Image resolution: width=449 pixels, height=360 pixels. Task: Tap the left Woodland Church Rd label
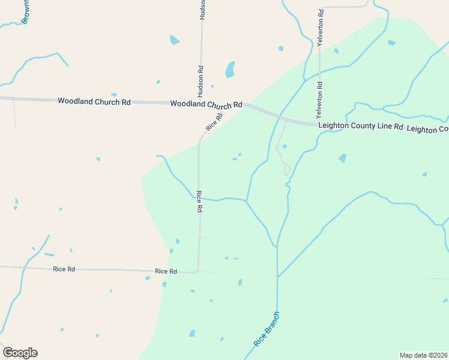[x=94, y=101]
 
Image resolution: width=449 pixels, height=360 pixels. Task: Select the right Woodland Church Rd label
[x=206, y=104]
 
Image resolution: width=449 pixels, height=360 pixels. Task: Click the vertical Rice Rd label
[x=199, y=202]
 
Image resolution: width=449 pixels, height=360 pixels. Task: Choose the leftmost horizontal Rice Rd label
[x=64, y=269]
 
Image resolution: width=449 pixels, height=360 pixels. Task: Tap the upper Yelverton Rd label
[x=321, y=28]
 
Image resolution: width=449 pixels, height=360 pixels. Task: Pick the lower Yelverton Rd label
[x=320, y=100]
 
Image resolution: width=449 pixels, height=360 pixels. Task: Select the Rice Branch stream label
[x=267, y=329]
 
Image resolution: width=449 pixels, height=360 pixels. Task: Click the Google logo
[x=20, y=353]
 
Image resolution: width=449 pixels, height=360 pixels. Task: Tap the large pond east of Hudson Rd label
[x=230, y=70]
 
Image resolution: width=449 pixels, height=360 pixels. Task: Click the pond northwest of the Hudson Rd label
[x=174, y=40]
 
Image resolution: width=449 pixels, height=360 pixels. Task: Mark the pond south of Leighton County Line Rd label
[x=342, y=158]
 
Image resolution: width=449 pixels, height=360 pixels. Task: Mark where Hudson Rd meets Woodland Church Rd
[x=200, y=103]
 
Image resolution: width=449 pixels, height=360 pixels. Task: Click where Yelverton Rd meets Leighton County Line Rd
[x=319, y=124]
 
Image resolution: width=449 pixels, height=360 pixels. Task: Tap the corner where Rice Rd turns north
[x=198, y=272]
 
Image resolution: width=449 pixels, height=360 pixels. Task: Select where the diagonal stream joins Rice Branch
[x=277, y=277]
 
